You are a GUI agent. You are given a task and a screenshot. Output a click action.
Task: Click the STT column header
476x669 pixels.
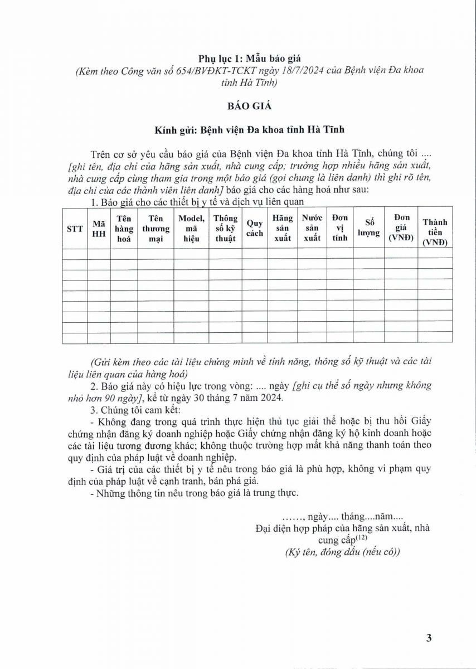[75, 228]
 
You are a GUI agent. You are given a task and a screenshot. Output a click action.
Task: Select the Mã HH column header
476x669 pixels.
[99, 228]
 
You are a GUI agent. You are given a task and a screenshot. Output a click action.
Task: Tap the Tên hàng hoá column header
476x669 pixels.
[124, 228]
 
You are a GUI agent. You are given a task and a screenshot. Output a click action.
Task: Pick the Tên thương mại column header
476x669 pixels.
[156, 228]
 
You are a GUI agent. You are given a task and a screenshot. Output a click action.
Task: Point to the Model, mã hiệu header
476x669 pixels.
[191, 228]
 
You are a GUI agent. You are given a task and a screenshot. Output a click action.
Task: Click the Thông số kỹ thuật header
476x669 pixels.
[225, 228]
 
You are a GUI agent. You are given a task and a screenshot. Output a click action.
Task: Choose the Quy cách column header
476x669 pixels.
[255, 228]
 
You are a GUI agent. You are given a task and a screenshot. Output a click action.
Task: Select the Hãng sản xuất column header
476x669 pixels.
[283, 228]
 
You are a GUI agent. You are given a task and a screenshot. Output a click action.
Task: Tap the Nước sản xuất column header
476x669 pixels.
[312, 228]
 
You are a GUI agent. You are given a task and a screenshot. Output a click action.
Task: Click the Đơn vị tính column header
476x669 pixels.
[340, 228]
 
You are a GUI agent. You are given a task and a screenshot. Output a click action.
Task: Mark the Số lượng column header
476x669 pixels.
[369, 228]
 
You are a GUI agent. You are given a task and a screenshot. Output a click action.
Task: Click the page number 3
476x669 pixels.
[429, 638]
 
